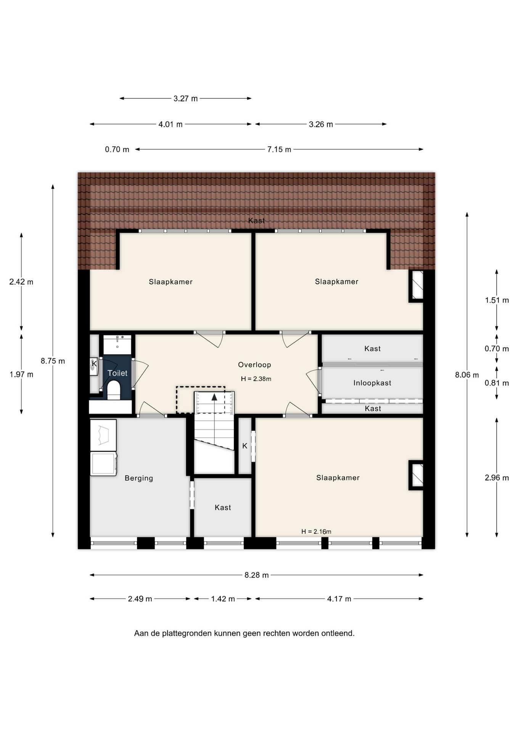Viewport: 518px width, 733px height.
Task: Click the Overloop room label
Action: coord(254,365)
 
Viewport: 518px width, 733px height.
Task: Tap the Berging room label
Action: coord(139,478)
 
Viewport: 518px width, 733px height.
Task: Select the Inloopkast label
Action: coord(372,383)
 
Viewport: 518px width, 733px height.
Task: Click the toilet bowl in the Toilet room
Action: coord(114,391)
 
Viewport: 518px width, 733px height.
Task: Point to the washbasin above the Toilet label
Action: coord(117,345)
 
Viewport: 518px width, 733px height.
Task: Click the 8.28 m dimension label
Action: coord(257,575)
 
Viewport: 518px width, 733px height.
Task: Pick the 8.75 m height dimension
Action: coord(53,361)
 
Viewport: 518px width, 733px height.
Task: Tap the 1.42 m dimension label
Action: coord(223,599)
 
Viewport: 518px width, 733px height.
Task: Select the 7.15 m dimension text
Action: coord(279,149)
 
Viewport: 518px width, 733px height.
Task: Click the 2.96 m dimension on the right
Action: coord(497,478)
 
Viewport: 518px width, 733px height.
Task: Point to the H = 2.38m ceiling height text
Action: coord(256,379)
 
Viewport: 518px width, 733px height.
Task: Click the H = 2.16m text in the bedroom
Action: coord(316,531)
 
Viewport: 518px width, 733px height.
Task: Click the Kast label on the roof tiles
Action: coord(256,221)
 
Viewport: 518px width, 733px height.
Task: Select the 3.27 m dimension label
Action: coord(186,98)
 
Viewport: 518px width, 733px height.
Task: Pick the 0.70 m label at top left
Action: coord(117,149)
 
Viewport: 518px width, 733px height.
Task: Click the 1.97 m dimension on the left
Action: coord(21,375)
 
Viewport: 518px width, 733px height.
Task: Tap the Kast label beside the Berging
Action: coord(223,507)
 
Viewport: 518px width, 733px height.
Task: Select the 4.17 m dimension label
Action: coord(339,599)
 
